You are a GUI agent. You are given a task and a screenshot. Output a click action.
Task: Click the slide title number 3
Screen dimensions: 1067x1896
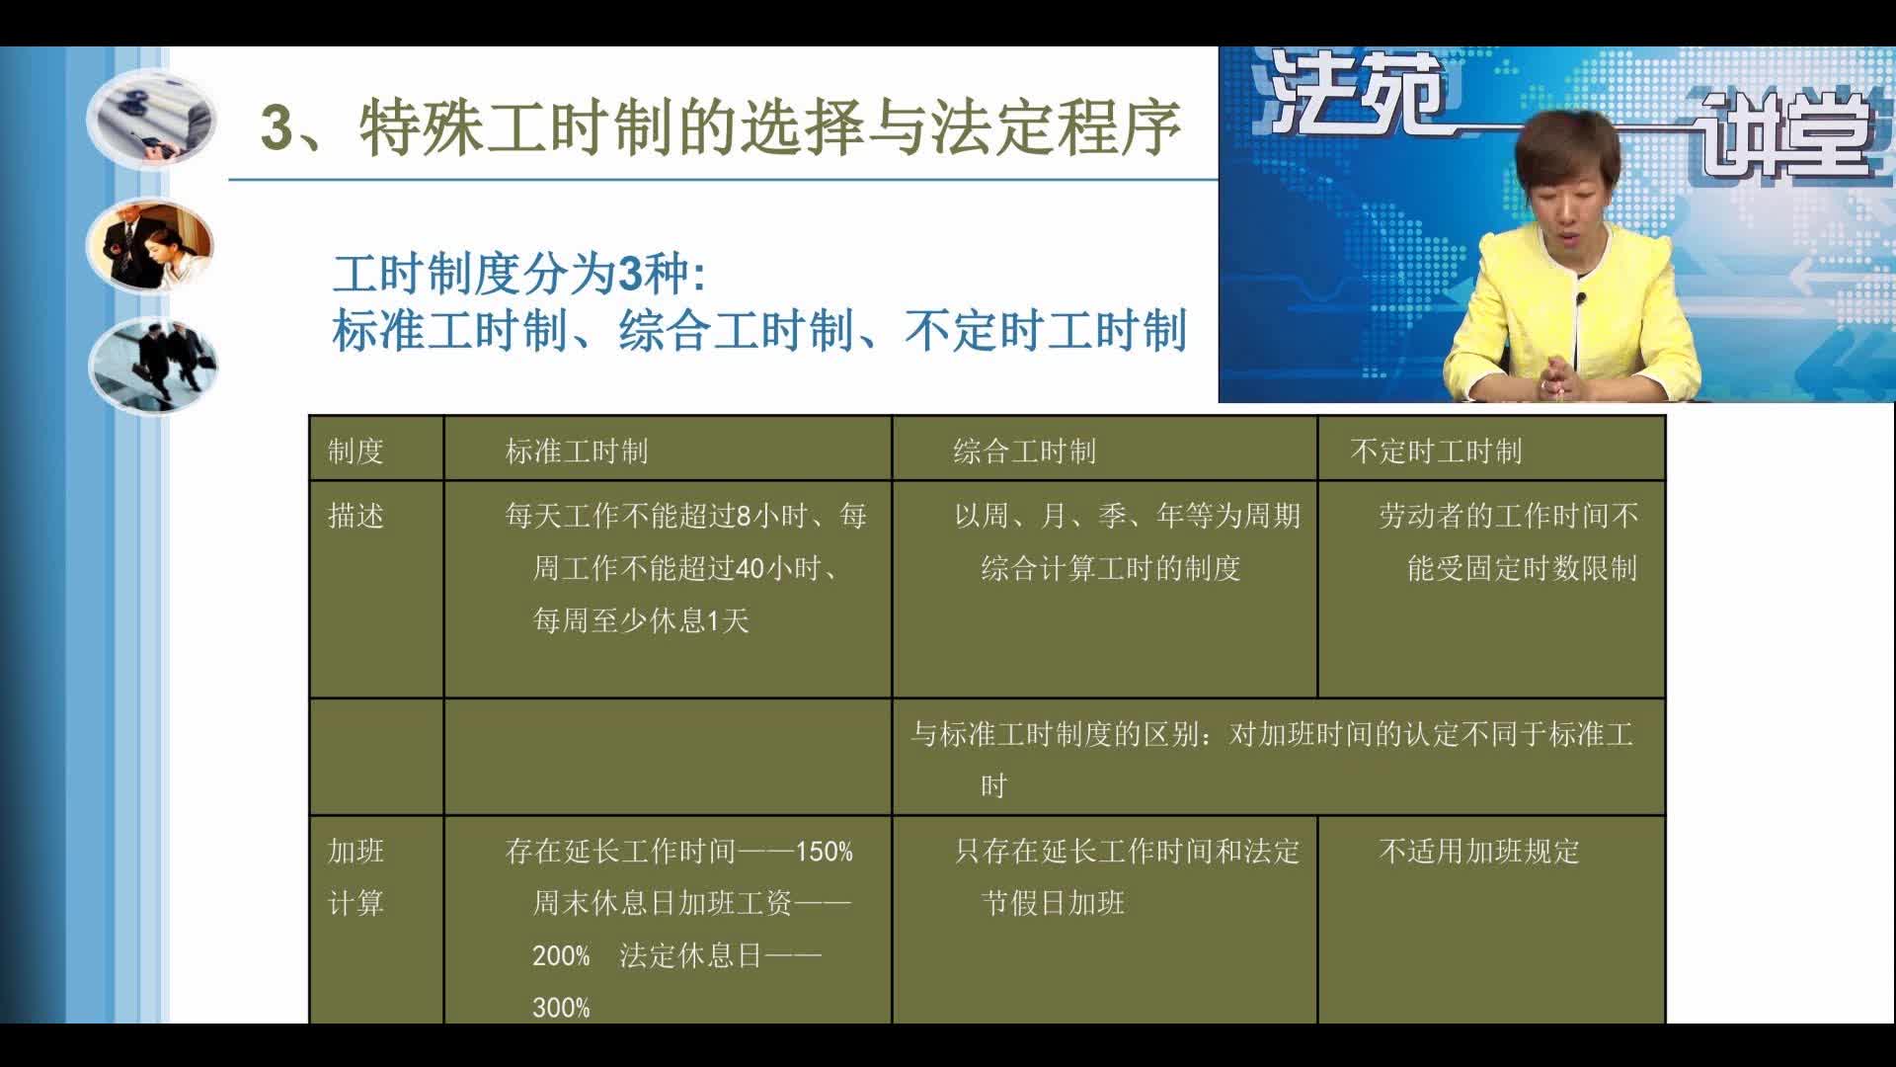[x=278, y=129]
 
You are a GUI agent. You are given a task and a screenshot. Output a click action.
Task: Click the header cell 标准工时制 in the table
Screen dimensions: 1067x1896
[x=577, y=451]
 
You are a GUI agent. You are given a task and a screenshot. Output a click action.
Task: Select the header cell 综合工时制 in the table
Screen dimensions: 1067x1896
[x=1024, y=451]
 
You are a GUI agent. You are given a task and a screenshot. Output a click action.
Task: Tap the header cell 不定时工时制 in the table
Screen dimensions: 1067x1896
[x=1436, y=451]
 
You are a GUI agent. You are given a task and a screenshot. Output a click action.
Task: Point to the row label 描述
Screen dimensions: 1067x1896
[x=355, y=516]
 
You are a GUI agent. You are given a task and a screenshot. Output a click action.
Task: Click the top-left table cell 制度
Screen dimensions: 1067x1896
[x=355, y=451]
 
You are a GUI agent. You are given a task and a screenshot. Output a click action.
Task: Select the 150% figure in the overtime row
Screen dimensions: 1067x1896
[x=824, y=852]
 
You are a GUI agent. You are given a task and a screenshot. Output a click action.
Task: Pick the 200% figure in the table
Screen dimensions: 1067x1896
[x=561, y=956]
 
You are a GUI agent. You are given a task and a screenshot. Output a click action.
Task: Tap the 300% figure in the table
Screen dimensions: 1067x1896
[x=561, y=1008]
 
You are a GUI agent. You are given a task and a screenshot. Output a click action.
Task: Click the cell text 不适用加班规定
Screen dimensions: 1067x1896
[x=1478, y=852]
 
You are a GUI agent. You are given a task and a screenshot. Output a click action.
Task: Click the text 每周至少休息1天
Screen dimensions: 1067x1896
[x=641, y=620]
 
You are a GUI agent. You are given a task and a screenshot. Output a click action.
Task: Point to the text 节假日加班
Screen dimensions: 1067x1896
[x=1053, y=903]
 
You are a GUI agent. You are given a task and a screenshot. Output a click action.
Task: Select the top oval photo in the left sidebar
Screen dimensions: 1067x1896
[x=151, y=120]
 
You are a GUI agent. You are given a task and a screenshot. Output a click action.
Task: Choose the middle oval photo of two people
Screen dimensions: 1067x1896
[x=150, y=247]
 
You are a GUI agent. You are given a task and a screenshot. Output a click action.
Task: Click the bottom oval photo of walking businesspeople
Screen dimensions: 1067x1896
[x=153, y=365]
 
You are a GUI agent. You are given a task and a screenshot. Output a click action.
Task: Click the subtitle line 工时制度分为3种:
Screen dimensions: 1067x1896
[x=519, y=274]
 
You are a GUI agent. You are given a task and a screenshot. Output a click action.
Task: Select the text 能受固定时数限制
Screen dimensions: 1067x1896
[x=1522, y=568]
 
